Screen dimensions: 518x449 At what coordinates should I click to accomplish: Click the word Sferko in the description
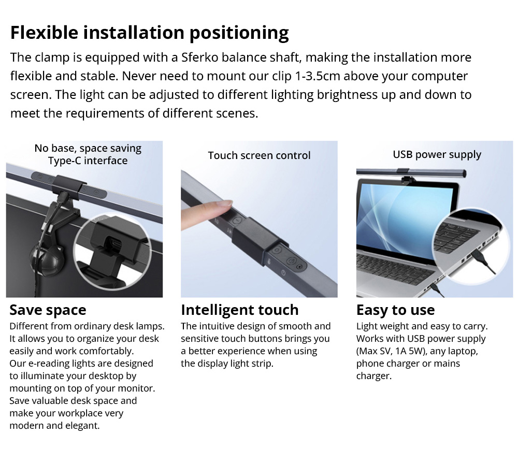point(199,57)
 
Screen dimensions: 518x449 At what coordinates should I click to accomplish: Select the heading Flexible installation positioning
point(150,33)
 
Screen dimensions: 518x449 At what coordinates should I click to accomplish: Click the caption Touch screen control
point(260,155)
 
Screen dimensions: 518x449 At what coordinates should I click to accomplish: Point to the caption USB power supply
point(437,155)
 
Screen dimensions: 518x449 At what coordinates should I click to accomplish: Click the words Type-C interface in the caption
point(88,161)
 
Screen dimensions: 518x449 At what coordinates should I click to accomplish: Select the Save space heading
point(48,310)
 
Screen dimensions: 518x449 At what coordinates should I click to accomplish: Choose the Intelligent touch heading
point(240,310)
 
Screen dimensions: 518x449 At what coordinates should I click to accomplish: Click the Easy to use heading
point(395,310)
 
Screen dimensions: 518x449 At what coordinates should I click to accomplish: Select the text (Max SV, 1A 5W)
point(391,351)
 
